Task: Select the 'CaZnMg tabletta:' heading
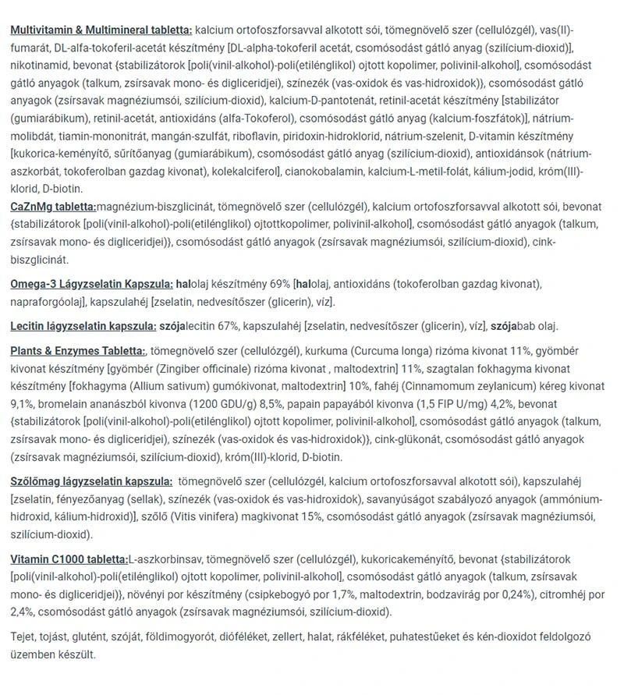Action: [53, 207]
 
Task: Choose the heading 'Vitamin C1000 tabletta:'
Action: [69, 560]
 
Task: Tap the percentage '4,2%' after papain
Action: [477, 405]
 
